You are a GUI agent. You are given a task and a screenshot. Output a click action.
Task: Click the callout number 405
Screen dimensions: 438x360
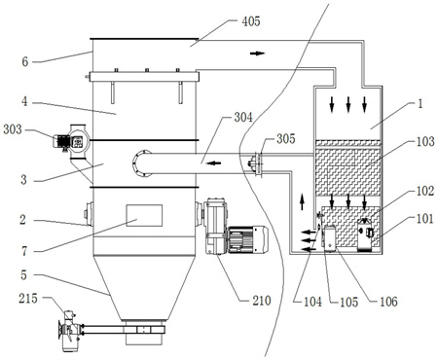click(x=251, y=21)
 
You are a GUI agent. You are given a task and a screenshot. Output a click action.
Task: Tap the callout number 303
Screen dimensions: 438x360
click(x=13, y=129)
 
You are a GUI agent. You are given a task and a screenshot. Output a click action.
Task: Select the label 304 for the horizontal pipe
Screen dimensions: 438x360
click(x=243, y=117)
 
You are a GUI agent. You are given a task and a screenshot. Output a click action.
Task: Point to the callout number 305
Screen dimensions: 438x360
click(x=286, y=139)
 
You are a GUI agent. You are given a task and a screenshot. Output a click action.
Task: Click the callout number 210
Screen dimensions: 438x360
click(x=262, y=301)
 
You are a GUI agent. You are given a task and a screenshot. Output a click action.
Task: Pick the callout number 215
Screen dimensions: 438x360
click(x=28, y=299)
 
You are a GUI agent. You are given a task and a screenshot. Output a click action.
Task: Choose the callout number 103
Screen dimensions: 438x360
click(x=425, y=141)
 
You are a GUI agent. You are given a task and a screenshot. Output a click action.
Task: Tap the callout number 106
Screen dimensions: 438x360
click(x=388, y=302)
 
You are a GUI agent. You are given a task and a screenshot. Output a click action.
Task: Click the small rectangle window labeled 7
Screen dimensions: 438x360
click(x=144, y=215)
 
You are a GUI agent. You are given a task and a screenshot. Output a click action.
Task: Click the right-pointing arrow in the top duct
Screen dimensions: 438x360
click(x=258, y=54)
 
